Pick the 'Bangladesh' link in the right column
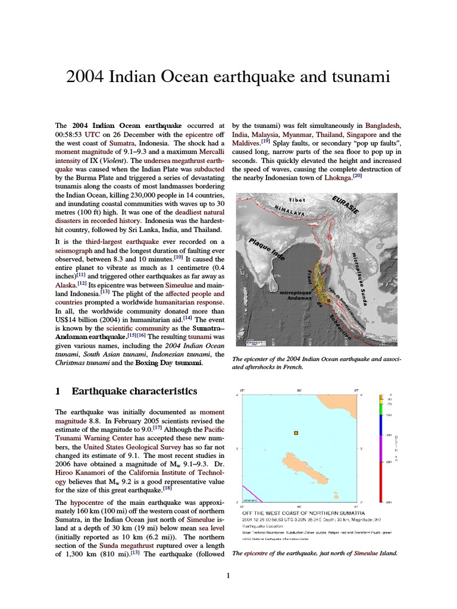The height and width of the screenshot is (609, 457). (383, 126)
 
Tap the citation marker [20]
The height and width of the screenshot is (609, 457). (357, 176)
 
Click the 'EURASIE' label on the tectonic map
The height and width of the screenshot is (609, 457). (346, 209)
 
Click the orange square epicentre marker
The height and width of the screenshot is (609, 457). (296, 433)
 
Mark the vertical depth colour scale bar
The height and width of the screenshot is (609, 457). (381, 449)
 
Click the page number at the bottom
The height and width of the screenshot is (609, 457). (228, 575)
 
